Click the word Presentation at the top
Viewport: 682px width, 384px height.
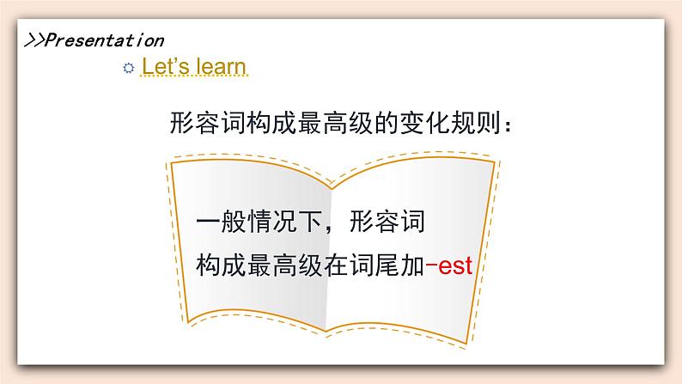point(105,40)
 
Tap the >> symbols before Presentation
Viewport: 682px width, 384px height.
point(34,40)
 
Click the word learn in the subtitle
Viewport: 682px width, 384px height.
point(221,66)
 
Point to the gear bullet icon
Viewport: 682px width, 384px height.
point(128,68)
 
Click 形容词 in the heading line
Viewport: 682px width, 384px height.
point(208,123)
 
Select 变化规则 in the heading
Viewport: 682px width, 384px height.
point(450,123)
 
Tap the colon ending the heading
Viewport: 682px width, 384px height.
point(507,125)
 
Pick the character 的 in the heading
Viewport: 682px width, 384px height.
point(387,123)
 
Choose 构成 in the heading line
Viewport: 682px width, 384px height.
point(271,123)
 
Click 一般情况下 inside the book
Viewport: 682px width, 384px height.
point(259,222)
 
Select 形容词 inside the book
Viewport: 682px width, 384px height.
point(387,222)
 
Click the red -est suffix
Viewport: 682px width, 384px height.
point(449,265)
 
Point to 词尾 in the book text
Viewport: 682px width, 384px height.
point(374,265)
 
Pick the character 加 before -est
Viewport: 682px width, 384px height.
point(412,265)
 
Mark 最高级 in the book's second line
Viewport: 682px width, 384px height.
point(284,265)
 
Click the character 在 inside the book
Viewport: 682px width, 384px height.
point(336,265)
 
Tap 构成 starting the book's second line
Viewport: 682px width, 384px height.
point(222,265)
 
